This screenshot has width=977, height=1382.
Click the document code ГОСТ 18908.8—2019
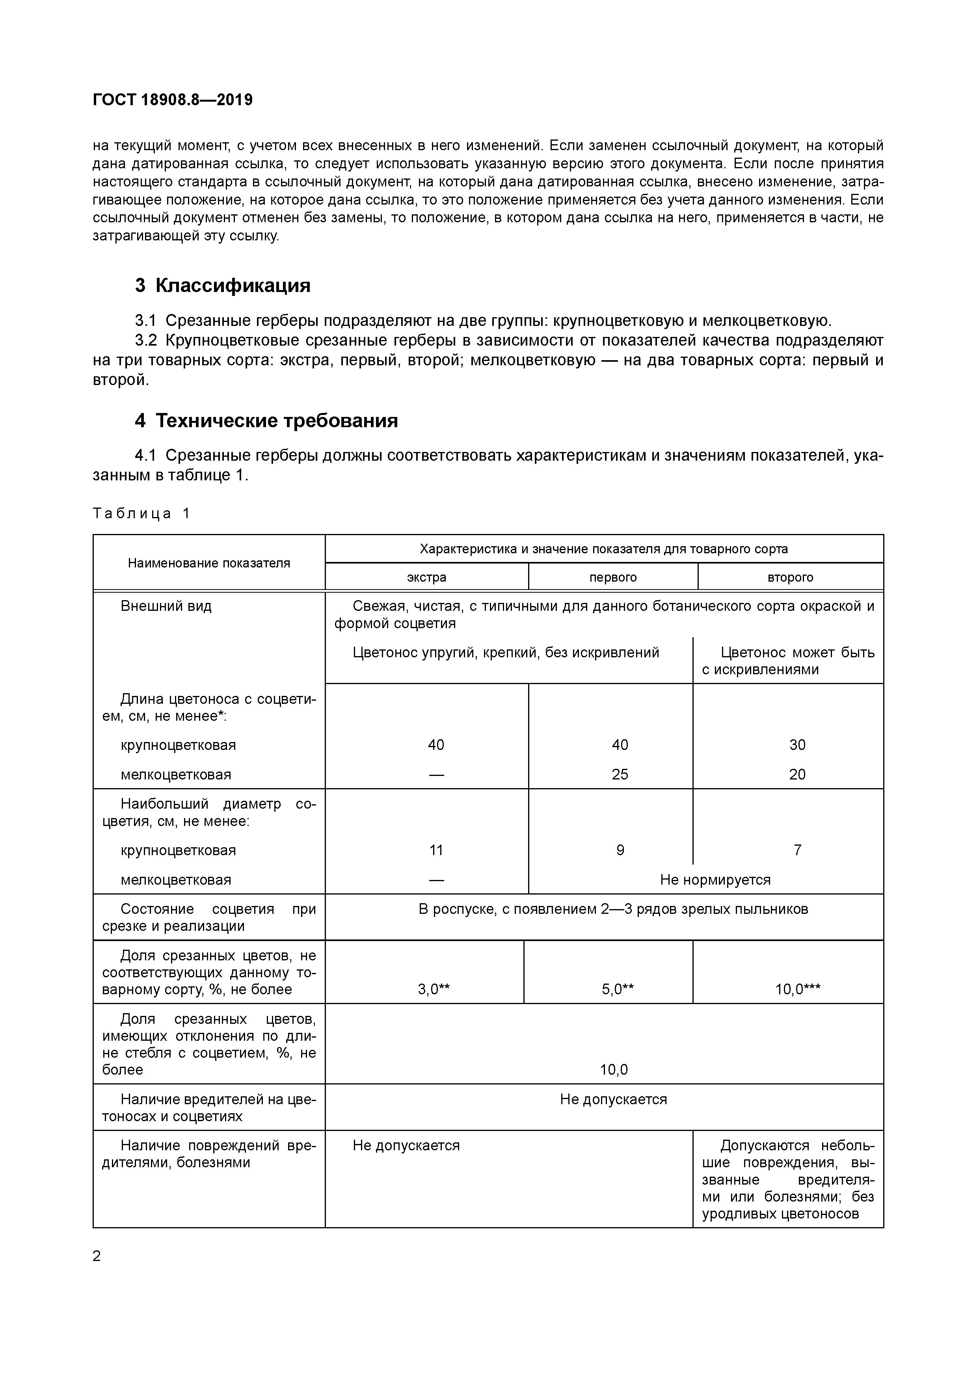coord(173,100)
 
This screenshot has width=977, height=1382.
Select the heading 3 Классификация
coord(223,285)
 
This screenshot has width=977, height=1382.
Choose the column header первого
coord(613,577)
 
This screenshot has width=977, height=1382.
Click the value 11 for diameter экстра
coord(436,850)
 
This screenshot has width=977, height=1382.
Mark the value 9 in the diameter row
coord(620,850)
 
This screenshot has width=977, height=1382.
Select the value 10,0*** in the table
coord(798,989)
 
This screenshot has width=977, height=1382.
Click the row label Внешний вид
coord(166,606)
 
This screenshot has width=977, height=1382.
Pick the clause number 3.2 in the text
coord(146,341)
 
